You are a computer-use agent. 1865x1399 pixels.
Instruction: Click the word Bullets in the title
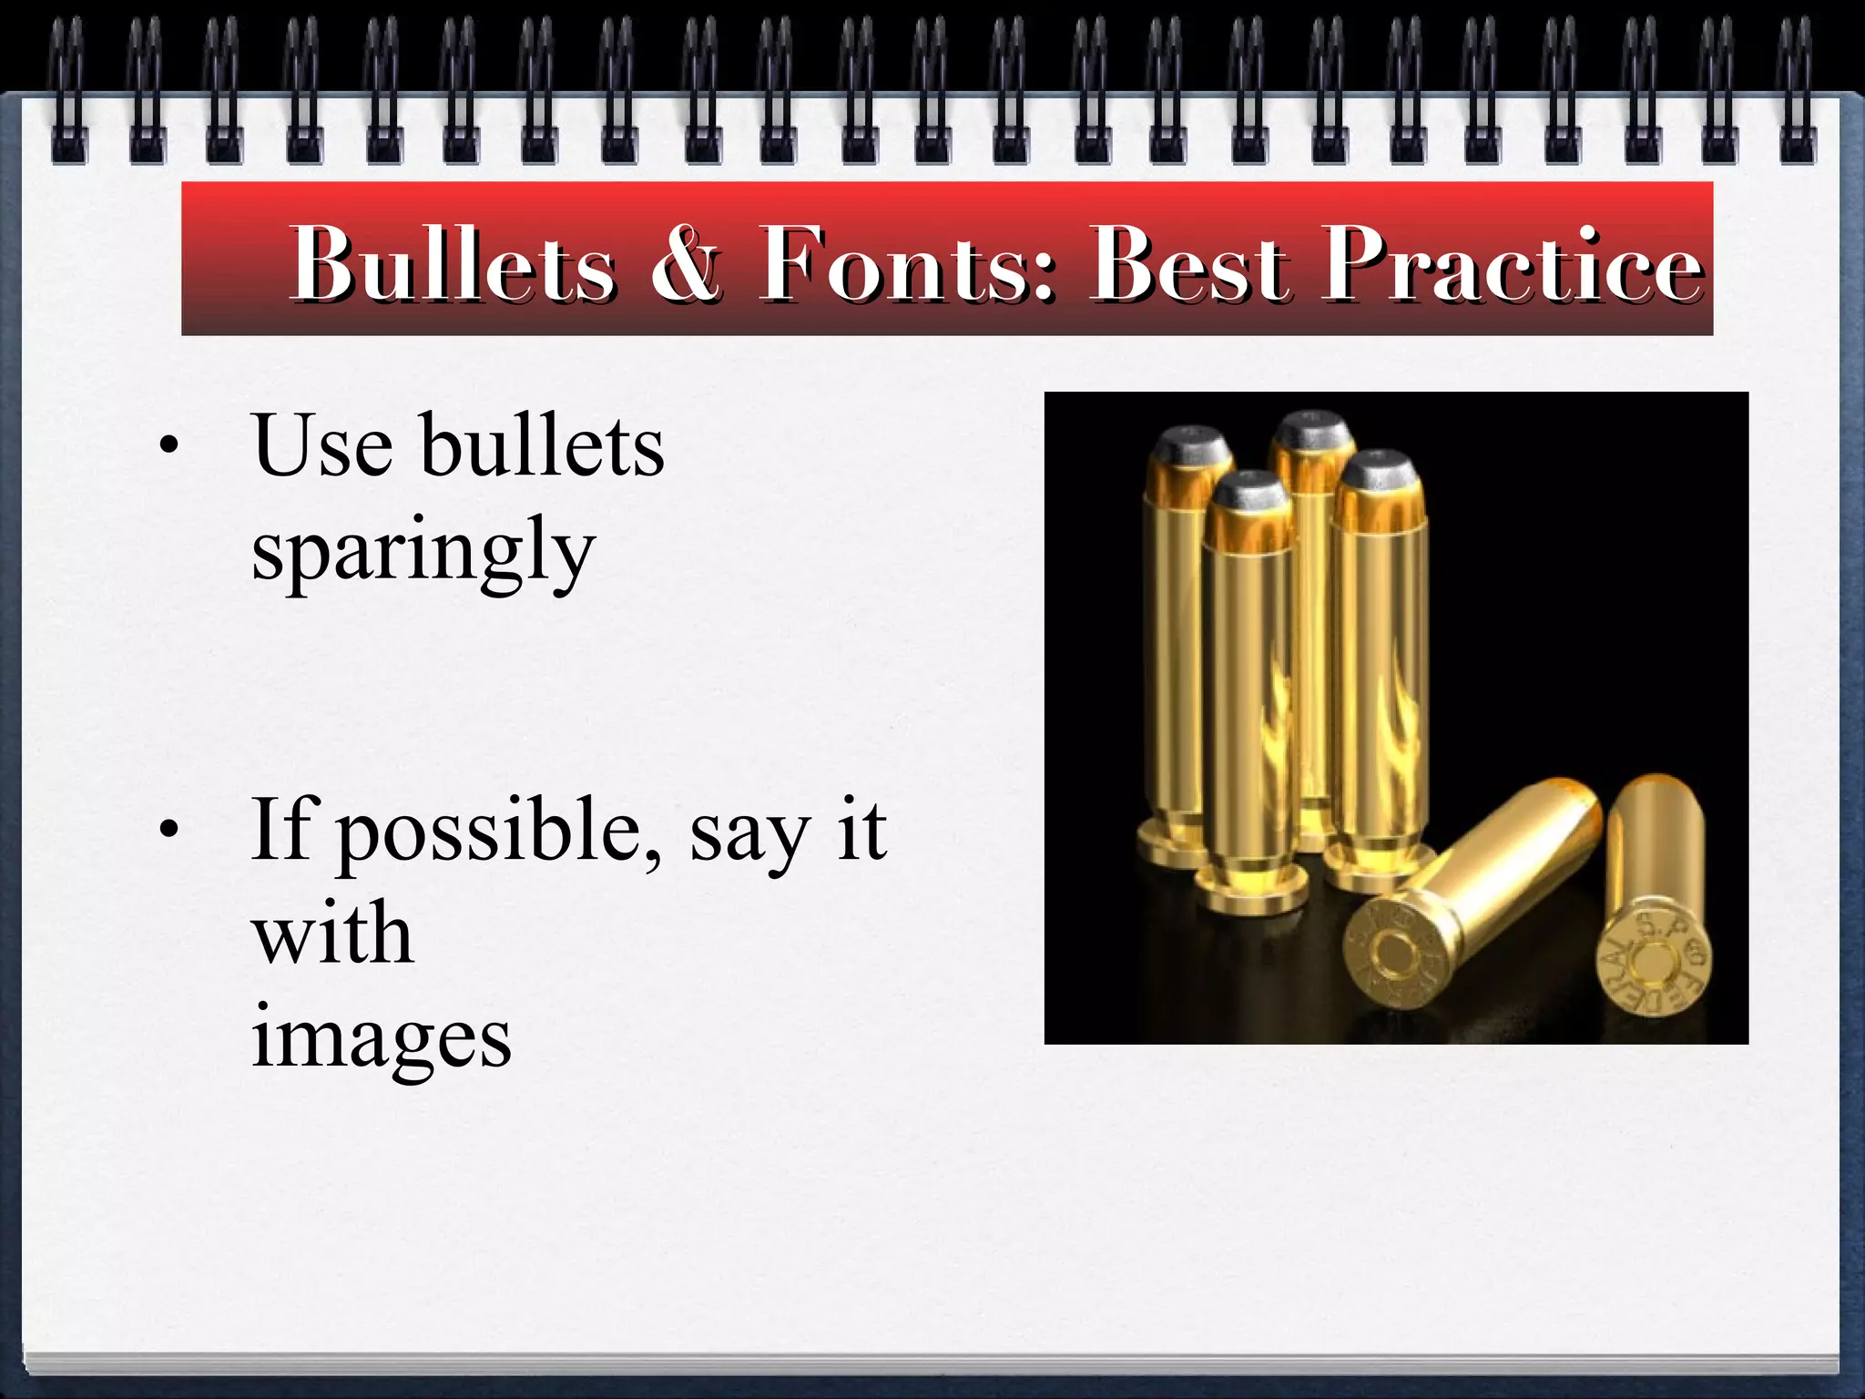[453, 264]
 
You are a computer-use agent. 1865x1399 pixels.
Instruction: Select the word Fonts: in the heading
[907, 264]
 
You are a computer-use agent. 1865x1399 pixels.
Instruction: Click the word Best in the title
[1189, 264]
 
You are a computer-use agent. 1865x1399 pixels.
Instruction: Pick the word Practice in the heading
[1512, 264]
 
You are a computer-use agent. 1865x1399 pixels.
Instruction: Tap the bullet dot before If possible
[168, 830]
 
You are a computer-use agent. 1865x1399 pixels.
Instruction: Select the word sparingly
[423, 551]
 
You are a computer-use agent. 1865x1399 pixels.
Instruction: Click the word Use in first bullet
[323, 446]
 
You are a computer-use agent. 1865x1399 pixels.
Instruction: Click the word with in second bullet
[332, 934]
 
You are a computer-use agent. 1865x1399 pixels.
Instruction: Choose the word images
[381, 1038]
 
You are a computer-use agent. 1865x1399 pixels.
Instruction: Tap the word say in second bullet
[749, 832]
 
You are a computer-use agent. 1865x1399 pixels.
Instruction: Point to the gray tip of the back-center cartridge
[1311, 428]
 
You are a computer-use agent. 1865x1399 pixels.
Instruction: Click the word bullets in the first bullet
[543, 446]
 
